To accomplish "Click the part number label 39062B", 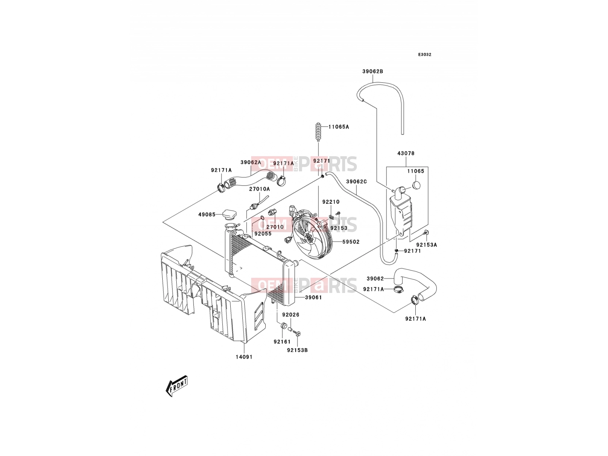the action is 372,71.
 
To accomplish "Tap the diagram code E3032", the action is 424,55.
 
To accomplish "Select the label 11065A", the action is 339,127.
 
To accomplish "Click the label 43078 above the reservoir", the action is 406,153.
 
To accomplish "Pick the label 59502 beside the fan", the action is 351,242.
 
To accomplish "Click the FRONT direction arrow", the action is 176,386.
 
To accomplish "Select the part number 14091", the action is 244,357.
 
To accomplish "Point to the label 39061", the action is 313,298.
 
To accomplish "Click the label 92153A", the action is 427,245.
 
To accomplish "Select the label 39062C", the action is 356,182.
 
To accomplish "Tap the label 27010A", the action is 260,189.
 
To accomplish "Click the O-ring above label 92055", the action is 261,220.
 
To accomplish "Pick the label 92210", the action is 331,202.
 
